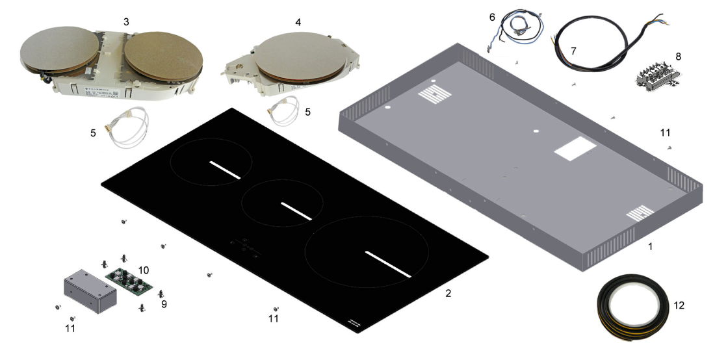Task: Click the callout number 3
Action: tap(126, 21)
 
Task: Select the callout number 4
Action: tap(298, 22)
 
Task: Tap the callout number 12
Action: tap(679, 305)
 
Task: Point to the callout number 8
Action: tap(679, 57)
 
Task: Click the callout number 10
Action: tap(144, 270)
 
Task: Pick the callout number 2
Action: tap(448, 294)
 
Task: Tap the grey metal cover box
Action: tap(90, 290)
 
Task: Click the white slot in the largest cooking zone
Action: tap(389, 264)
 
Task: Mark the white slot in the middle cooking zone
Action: tap(296, 211)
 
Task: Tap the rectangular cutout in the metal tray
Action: tap(575, 148)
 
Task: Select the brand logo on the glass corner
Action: tap(354, 322)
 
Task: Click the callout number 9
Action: tap(164, 304)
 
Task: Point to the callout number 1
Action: tap(650, 246)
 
